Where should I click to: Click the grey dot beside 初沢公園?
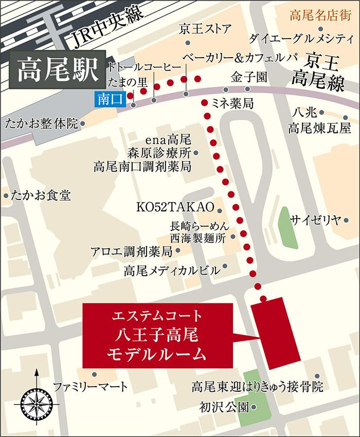pyautogui.click(x=255, y=408)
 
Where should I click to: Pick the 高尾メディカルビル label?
pyautogui.click(x=171, y=270)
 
